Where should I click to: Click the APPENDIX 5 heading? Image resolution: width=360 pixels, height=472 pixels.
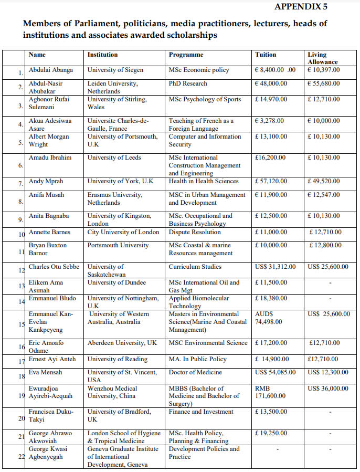tap(308, 7)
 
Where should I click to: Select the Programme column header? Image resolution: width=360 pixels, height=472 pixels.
tap(186, 55)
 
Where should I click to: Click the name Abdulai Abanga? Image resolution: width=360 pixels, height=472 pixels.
tap(51, 70)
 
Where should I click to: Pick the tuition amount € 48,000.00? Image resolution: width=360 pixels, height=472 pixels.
tap(271, 83)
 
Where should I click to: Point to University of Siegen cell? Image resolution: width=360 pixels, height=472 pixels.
tap(115, 70)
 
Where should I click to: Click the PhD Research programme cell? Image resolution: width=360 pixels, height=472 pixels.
tap(188, 83)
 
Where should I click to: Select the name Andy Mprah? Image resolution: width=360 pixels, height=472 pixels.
tap(46, 181)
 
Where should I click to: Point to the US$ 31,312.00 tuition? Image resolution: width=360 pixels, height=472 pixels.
tap(276, 267)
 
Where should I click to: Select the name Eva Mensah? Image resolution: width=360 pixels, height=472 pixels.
tap(46, 372)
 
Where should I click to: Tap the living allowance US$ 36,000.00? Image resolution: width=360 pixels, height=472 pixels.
tap(328, 389)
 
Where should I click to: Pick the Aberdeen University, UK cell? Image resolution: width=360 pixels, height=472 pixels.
tap(122, 343)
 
